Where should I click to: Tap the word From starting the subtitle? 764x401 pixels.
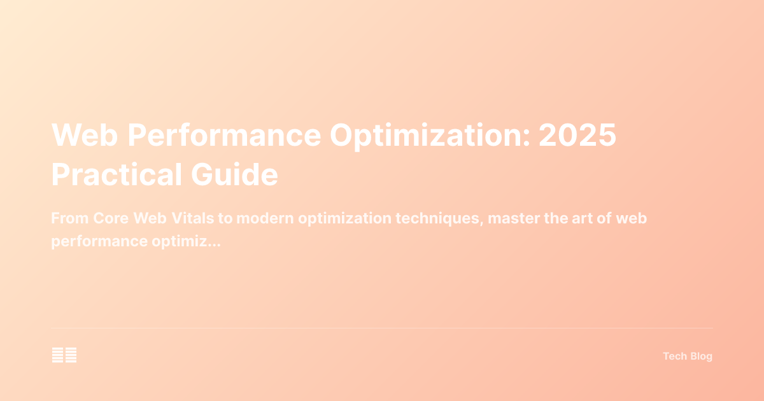[x=69, y=218]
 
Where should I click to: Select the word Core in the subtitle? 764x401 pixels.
[x=111, y=218]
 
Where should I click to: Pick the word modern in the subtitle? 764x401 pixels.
[x=271, y=218]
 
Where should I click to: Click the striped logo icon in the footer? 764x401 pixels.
[x=64, y=356]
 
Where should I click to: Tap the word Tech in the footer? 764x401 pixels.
[x=674, y=356]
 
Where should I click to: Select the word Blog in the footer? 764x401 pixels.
[x=701, y=356]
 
